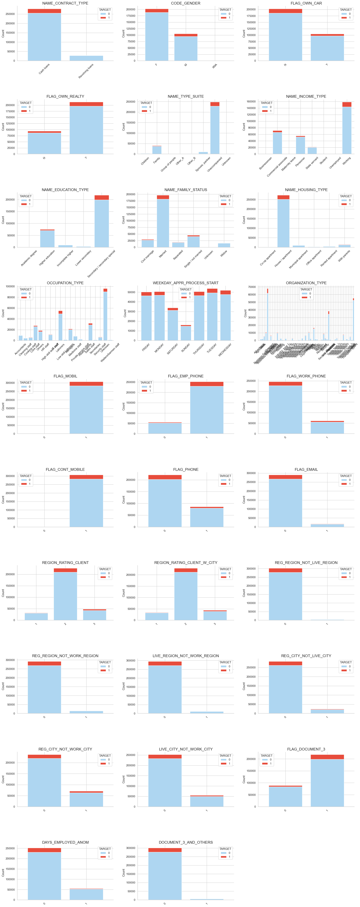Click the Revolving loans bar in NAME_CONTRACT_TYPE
[86, 58]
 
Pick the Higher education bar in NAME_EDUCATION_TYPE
[47, 239]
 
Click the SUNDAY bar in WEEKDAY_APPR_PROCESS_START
[186, 333]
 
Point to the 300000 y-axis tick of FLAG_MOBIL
[11, 383]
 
